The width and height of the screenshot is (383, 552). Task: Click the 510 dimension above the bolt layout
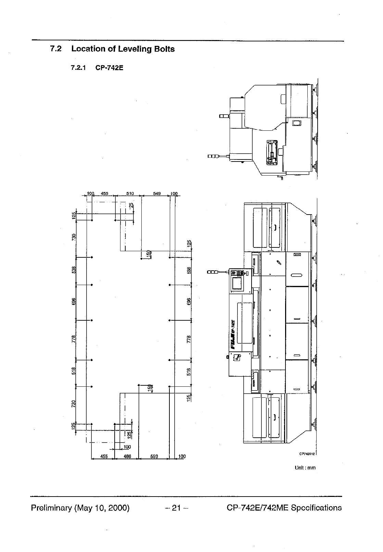point(130,193)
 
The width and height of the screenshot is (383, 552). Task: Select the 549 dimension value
point(157,193)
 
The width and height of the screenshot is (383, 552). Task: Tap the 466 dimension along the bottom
point(127,456)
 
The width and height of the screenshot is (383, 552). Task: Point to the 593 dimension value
point(154,456)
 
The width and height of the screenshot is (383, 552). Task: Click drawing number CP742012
point(307,454)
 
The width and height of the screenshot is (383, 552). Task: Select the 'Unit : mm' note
point(305,468)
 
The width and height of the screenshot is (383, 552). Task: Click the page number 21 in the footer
point(176,508)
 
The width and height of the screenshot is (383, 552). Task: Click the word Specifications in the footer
point(316,508)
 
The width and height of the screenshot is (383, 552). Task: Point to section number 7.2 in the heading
point(56,49)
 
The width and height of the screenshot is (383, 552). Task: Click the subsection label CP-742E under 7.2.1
point(110,68)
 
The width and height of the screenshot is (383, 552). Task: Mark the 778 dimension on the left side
point(74,339)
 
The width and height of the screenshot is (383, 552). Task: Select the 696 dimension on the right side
point(189,301)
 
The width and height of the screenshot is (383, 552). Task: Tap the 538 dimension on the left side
point(74,270)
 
